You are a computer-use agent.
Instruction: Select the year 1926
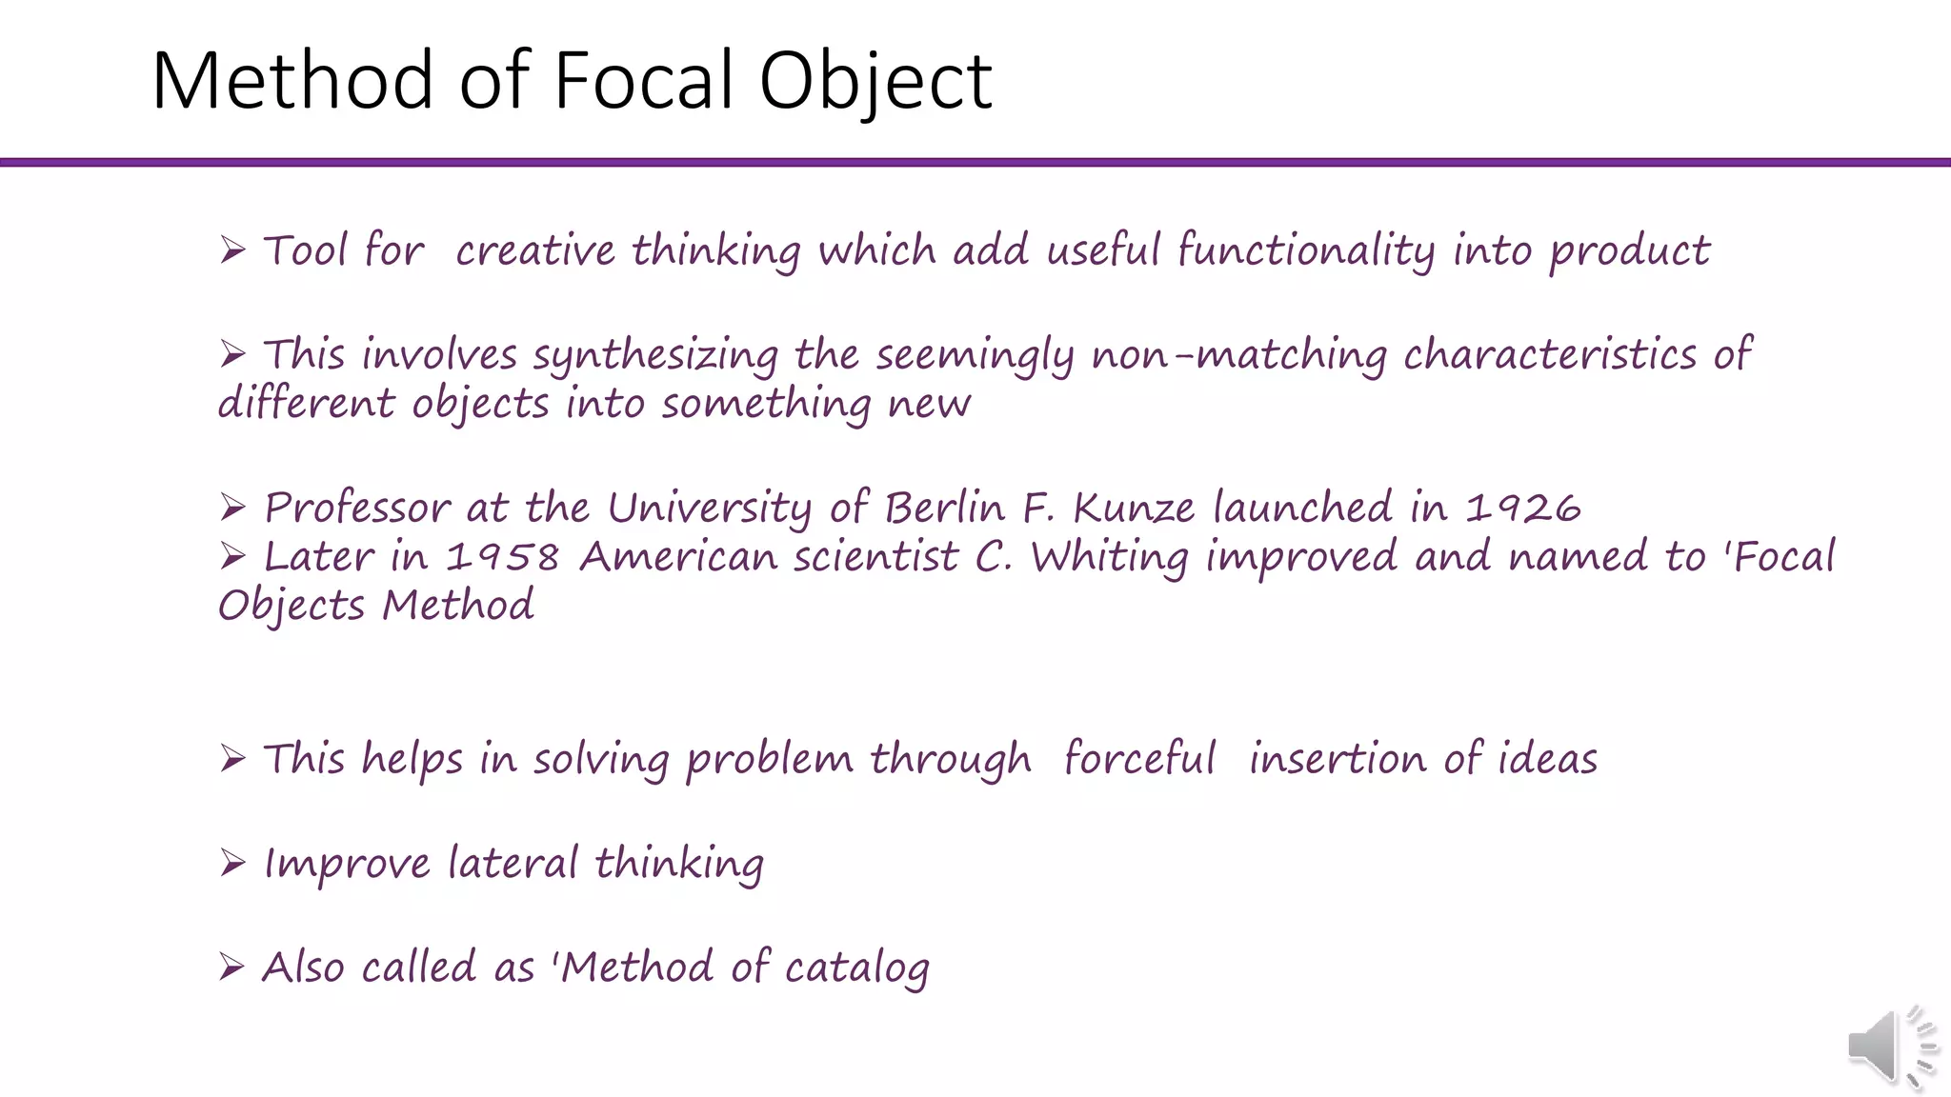tap(1522, 508)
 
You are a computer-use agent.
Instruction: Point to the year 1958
tap(502, 557)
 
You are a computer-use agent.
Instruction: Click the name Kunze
tap(1134, 508)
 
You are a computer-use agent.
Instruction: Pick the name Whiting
tap(1110, 557)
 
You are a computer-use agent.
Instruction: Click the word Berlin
tap(944, 508)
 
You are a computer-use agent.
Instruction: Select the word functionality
tap(1306, 251)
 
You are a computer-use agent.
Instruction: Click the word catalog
tap(856, 968)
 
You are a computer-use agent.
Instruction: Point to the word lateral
tap(513, 864)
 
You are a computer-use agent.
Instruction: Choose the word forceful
tap(1139, 759)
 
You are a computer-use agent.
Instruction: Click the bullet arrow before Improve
tap(232, 863)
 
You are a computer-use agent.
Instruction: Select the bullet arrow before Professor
tap(232, 507)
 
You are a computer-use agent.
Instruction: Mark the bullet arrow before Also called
tap(232, 967)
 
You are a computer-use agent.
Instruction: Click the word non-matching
tap(1238, 354)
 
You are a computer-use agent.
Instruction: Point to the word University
tap(709, 508)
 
